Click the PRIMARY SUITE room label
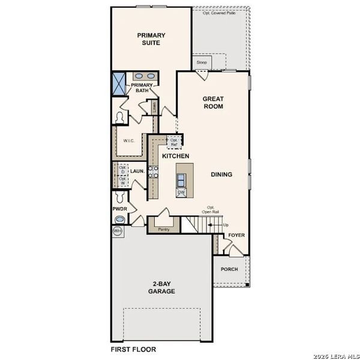coord(151,39)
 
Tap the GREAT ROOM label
coord(213,102)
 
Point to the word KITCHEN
coord(176,156)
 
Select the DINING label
coord(221,175)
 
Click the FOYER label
coord(236,235)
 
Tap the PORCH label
coord(229,269)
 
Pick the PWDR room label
coord(119,209)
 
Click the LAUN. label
coord(137,171)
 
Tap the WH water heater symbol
coord(116,230)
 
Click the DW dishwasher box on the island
coord(181,193)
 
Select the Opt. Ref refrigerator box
coord(174,143)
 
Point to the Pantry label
coord(163,229)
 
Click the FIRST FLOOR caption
coord(133,349)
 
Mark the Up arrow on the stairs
coord(226,224)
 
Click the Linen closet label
coord(154,108)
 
